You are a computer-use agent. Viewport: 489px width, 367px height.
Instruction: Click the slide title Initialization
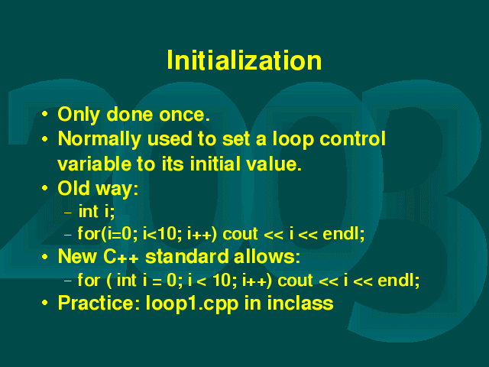point(244,60)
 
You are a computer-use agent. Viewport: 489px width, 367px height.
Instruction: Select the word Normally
point(99,139)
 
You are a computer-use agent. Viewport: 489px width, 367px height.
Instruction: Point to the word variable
point(95,164)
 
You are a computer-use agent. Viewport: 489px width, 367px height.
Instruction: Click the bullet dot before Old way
point(45,188)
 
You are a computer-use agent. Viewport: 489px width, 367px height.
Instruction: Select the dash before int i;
point(68,213)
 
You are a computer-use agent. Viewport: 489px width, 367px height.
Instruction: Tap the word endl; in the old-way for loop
point(343,234)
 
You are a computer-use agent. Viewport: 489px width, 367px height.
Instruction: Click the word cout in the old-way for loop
point(241,234)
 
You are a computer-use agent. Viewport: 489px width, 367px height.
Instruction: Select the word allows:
point(267,257)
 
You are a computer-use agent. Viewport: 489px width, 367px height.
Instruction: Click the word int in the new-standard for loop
point(126,280)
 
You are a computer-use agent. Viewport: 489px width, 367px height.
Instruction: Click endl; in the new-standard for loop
point(399,280)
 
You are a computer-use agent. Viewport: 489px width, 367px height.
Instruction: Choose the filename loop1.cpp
point(192,304)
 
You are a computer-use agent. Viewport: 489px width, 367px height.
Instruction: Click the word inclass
point(300,303)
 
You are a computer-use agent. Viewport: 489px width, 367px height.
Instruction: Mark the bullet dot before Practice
point(45,303)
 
